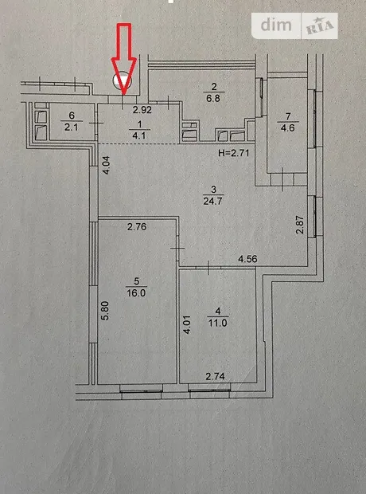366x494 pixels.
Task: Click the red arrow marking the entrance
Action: click(124, 59)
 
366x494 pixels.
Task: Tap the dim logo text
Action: click(276, 25)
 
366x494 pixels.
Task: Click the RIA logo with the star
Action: click(320, 26)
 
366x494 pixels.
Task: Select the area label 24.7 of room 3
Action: click(213, 201)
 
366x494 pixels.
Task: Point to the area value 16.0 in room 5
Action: click(136, 293)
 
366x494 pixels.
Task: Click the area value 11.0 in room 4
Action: click(217, 323)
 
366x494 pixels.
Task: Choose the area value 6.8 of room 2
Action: click(214, 98)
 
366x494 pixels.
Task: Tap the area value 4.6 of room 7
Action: click(288, 128)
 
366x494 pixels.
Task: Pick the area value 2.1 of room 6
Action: click(72, 127)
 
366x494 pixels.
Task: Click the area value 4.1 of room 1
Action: click(140, 135)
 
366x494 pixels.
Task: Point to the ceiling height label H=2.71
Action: click(233, 153)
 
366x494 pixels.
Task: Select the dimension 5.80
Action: click(106, 311)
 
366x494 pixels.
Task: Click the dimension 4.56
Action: click(247, 259)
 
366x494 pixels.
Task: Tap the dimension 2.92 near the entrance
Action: click(142, 110)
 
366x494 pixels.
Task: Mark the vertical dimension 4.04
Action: click(107, 165)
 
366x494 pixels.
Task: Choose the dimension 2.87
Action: click(300, 225)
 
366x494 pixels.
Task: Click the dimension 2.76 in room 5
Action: click(137, 226)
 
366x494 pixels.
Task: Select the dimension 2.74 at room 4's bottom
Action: click(215, 376)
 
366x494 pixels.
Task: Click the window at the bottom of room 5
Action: click(141, 388)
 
